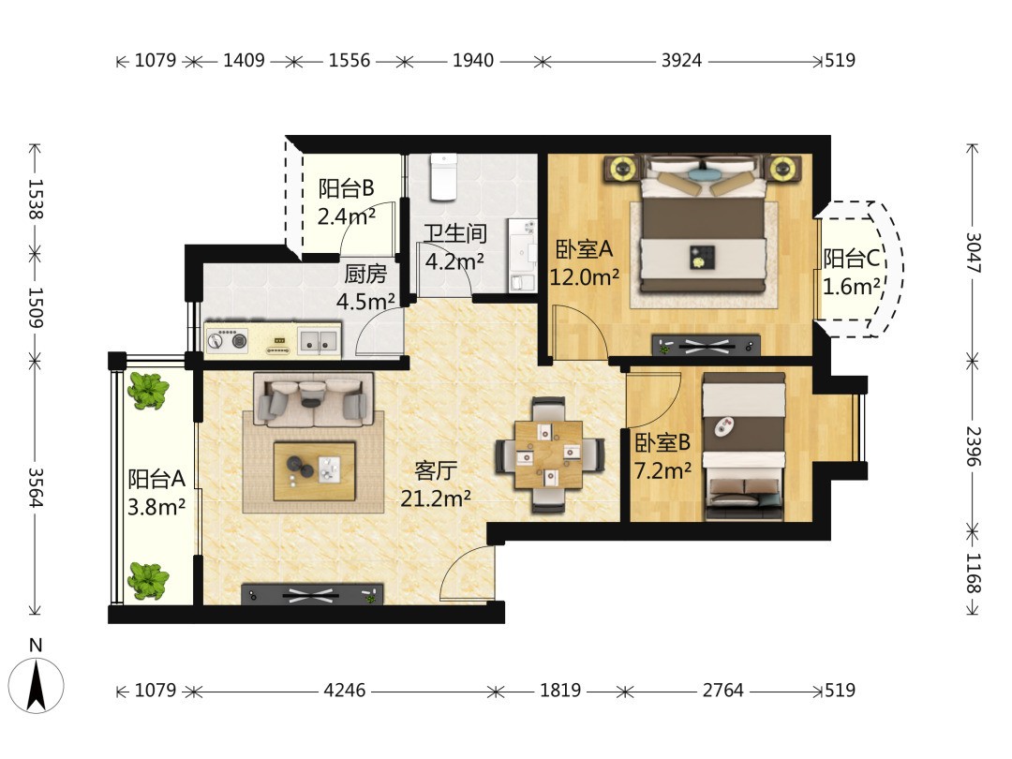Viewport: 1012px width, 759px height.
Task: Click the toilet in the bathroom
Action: pos(443,176)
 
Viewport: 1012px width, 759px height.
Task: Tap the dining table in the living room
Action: pos(549,455)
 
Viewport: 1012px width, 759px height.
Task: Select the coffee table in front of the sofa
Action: pos(314,471)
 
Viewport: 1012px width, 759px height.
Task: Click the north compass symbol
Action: pos(36,684)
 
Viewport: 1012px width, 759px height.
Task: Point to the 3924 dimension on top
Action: pos(681,61)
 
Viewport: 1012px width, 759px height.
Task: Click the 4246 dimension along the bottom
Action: pos(345,691)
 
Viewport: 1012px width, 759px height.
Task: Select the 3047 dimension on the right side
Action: pos(973,252)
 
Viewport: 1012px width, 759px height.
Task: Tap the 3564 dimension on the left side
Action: pos(35,488)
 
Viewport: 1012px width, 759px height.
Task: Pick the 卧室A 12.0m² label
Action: pos(584,262)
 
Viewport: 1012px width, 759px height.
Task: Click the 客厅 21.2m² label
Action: pos(436,484)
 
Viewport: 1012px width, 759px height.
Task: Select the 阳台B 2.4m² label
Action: pos(347,202)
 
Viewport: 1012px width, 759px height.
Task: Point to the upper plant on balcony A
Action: pos(148,391)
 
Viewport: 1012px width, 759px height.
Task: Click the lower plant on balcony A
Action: pos(148,580)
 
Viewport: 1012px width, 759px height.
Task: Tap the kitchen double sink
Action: pos(319,341)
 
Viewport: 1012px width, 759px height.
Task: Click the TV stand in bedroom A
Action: pos(707,345)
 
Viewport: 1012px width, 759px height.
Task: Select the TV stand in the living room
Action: pos(312,594)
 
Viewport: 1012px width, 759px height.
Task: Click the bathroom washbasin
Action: pos(522,247)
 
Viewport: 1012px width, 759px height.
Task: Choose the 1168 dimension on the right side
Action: pos(973,573)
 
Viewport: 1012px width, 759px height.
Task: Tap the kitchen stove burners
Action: pos(227,339)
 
